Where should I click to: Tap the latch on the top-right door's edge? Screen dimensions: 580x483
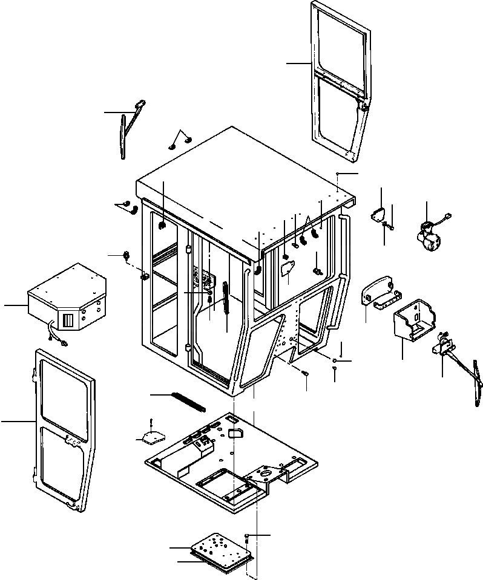(364, 106)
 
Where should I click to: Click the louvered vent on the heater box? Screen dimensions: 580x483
(68, 321)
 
